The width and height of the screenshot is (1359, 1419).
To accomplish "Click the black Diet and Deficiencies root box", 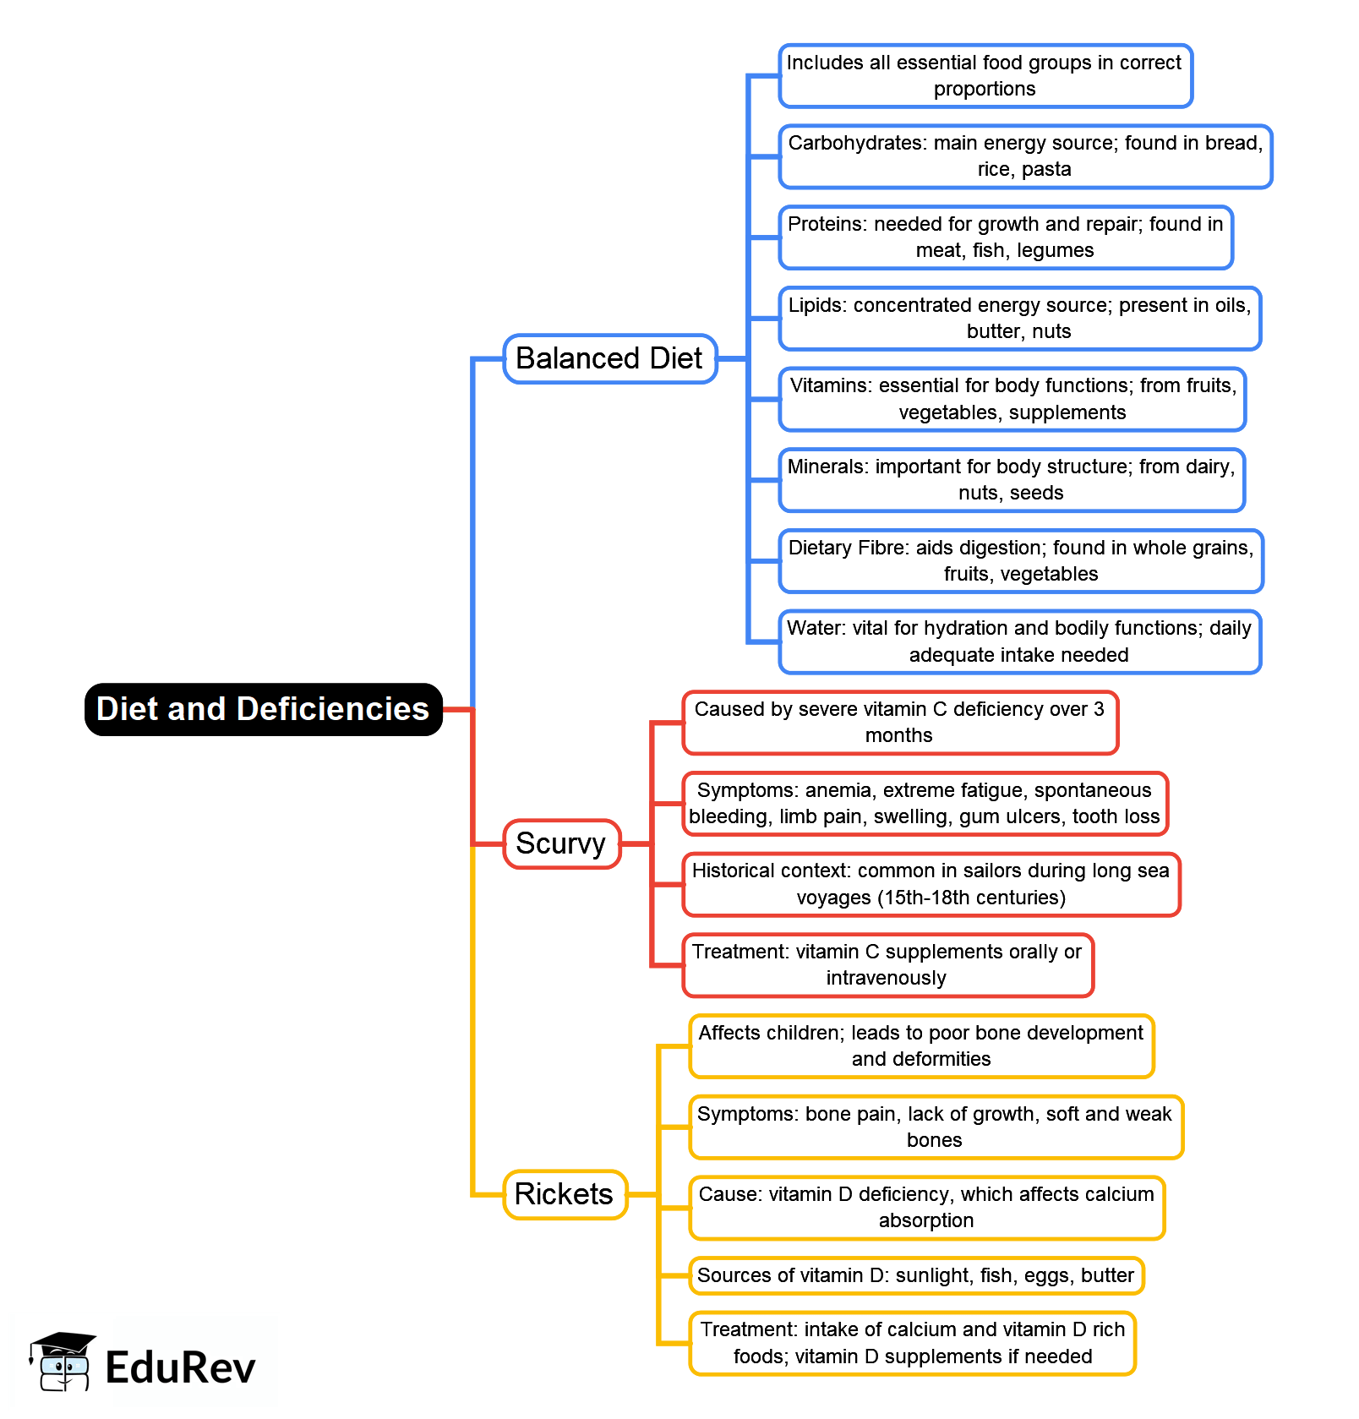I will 263,709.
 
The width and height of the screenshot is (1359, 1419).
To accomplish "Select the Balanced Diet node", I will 609,358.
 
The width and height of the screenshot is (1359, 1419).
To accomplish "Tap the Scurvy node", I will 561,843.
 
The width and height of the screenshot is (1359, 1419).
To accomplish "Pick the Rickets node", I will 564,1194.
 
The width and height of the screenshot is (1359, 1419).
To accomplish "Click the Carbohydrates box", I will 1024,156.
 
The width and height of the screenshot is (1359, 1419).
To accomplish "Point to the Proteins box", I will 1005,237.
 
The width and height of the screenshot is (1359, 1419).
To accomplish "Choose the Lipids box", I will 1019,319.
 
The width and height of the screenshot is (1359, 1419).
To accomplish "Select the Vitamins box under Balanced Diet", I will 1012,399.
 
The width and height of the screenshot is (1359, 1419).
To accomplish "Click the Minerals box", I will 1011,480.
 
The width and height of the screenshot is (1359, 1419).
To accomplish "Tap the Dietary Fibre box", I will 1020,561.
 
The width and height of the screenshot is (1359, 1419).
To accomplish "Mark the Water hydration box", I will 1018,641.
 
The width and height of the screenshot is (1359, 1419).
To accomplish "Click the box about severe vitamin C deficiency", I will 899,723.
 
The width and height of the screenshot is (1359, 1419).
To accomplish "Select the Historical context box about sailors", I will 931,884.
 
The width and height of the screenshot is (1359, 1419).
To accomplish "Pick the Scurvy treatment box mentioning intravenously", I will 887,965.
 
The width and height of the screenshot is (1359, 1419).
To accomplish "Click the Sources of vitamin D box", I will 915,1275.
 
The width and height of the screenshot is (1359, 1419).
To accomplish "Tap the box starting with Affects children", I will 920,1046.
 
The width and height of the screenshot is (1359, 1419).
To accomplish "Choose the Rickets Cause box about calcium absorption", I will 926,1208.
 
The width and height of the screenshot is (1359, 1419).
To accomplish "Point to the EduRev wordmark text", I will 180,1367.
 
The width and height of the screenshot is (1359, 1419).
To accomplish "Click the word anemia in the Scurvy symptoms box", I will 838,790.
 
